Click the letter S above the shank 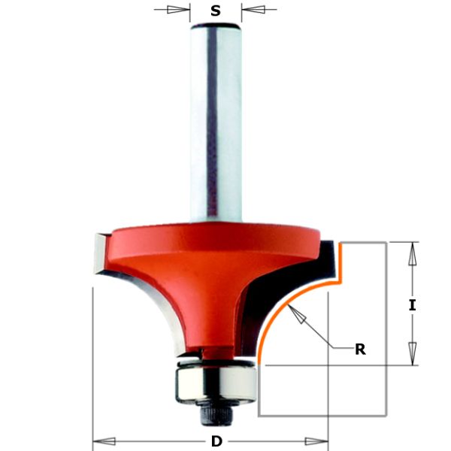click(216, 11)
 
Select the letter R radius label click(360, 349)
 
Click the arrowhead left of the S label click(179, 11)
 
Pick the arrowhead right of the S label click(253, 11)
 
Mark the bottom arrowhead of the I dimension click(412, 353)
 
